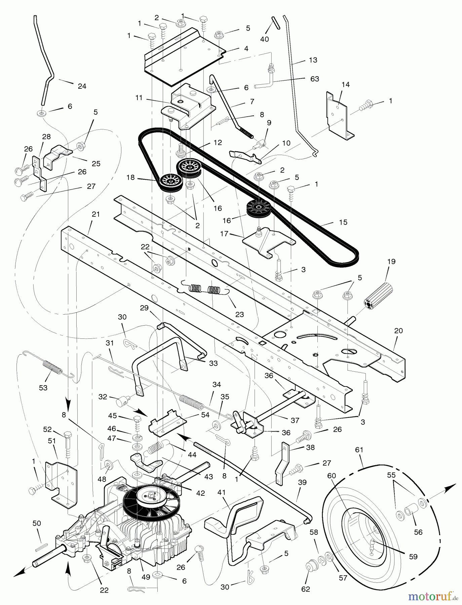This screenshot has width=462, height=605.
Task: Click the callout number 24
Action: (82, 86)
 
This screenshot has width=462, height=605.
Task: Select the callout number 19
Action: (391, 261)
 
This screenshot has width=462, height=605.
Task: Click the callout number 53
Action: (43, 388)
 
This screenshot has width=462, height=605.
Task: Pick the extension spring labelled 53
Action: (52, 367)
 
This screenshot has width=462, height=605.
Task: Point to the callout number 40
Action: (265, 39)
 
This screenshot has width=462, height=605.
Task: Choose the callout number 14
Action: (346, 85)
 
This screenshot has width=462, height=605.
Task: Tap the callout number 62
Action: (306, 589)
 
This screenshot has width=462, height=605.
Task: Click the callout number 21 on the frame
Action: (96, 214)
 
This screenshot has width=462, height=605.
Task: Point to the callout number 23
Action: (239, 315)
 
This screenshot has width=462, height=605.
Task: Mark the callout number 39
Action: (302, 483)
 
